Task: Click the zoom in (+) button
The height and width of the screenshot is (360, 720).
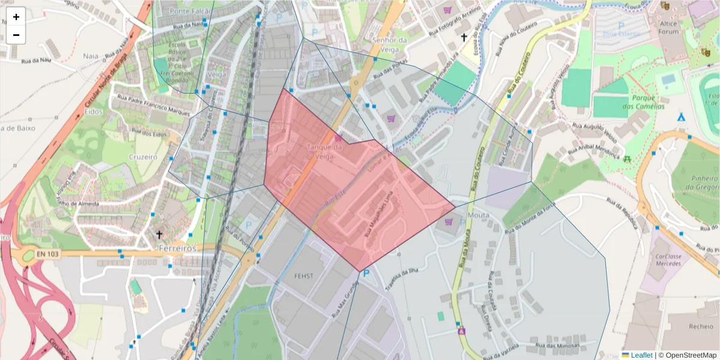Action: click(x=16, y=17)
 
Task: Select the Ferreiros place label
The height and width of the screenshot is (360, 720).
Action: click(x=178, y=247)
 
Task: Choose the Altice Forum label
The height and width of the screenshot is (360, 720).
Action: click(x=668, y=28)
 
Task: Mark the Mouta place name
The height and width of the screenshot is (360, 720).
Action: click(x=478, y=214)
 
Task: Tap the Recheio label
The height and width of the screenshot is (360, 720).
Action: click(x=701, y=326)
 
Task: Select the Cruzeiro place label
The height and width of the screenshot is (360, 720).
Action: click(x=142, y=157)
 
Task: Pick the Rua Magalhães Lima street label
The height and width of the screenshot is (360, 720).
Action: click(x=379, y=213)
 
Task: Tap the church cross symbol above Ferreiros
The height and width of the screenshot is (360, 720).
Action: click(x=159, y=234)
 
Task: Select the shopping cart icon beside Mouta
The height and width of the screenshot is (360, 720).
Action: click(x=449, y=222)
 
